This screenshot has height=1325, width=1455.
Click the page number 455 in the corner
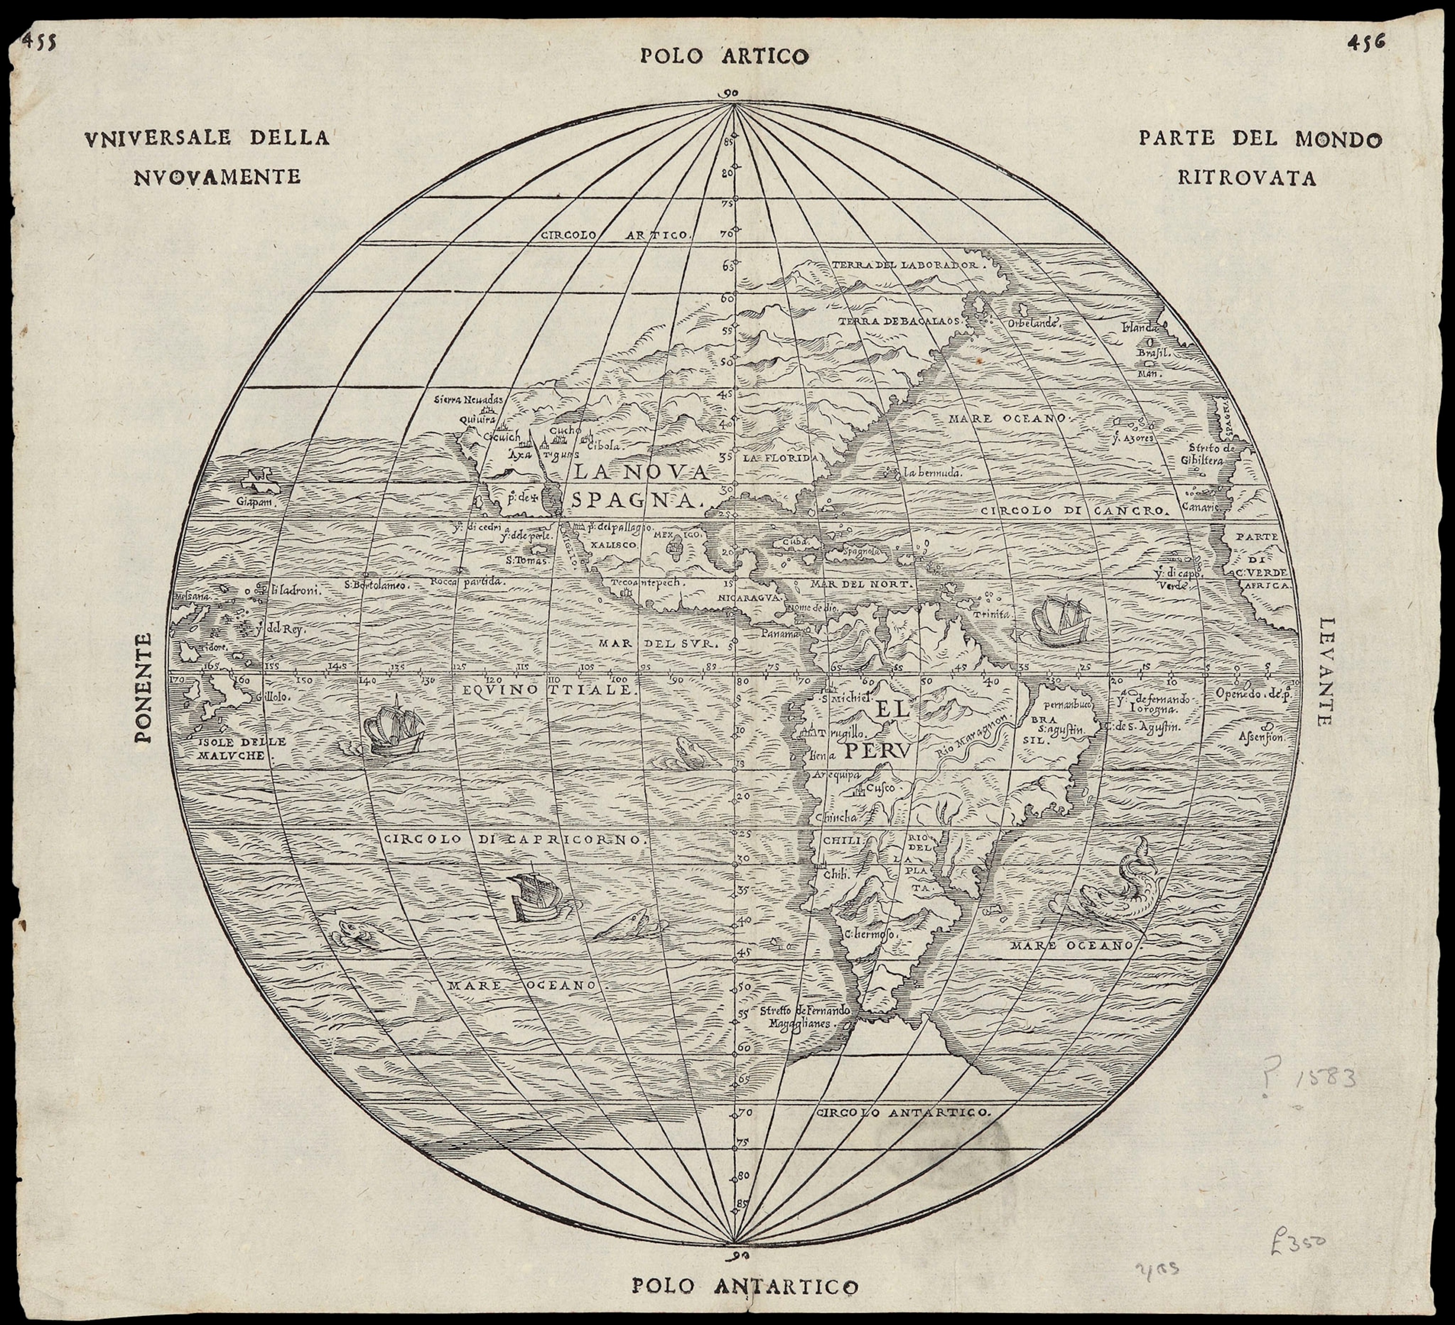coord(40,41)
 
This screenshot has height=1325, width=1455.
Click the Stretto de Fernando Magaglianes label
coord(801,1017)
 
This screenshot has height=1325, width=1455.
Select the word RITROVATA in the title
coord(1247,178)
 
